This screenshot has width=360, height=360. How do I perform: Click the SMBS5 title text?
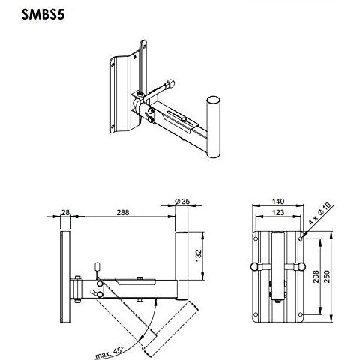(43, 15)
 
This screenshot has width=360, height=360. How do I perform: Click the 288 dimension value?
(123, 212)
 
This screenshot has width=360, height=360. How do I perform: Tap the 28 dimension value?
(65, 212)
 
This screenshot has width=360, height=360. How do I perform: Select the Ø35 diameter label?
(182, 201)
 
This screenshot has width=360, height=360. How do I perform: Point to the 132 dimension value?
(199, 255)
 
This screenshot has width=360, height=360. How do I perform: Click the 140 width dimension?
(278, 201)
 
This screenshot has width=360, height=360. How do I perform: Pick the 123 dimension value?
(278, 212)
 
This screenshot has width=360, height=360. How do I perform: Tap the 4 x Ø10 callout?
(319, 213)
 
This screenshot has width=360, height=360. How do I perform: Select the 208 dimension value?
(316, 276)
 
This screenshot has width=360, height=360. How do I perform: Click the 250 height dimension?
(327, 276)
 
